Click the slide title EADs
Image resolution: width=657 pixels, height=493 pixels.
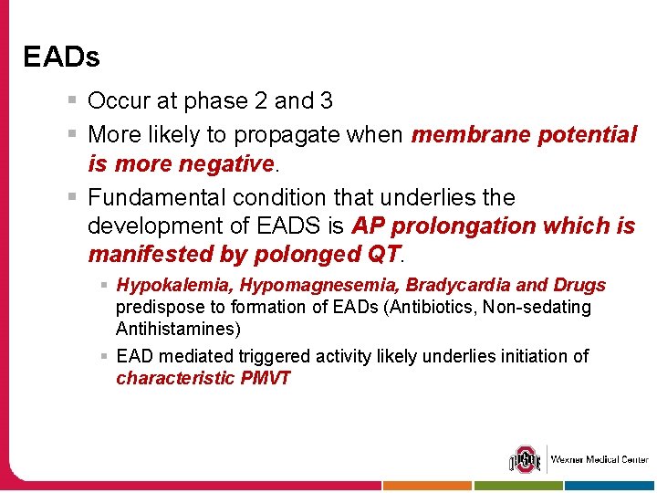click(61, 58)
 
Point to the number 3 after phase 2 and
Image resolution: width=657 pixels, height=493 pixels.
click(327, 101)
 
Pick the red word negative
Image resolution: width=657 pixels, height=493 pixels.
click(223, 164)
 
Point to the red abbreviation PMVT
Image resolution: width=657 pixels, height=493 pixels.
click(266, 378)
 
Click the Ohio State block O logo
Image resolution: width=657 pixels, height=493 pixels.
click(525, 459)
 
